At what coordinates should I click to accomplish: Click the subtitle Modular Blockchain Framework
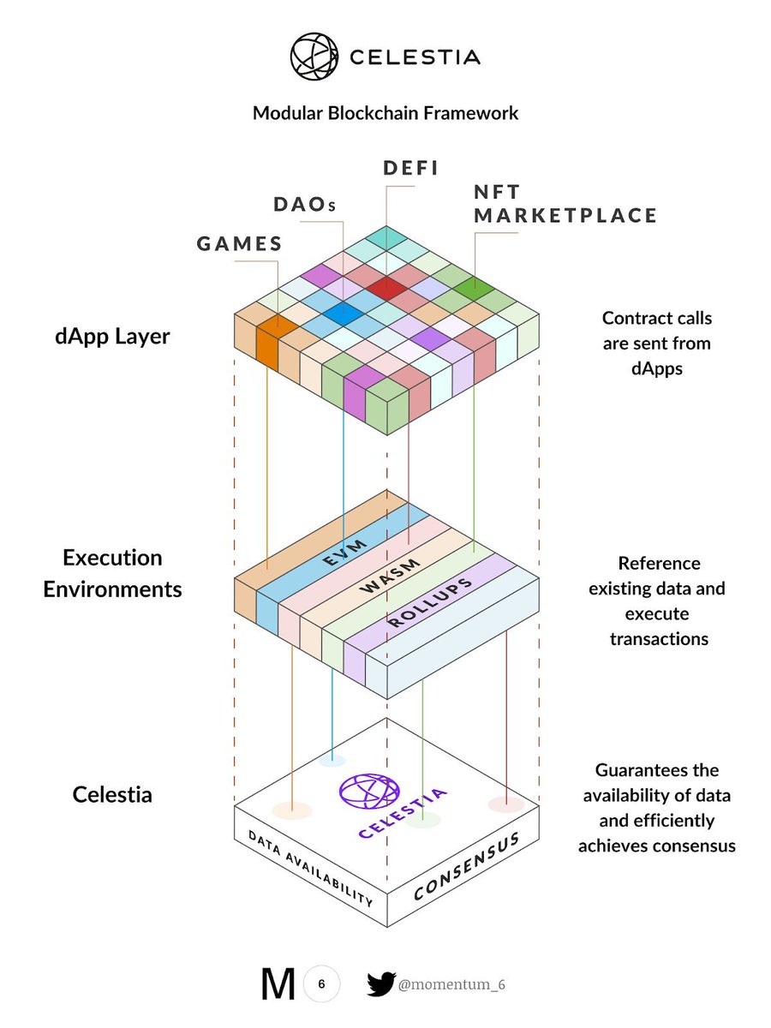385,112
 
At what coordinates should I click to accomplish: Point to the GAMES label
240,243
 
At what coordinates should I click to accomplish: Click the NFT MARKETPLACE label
565,204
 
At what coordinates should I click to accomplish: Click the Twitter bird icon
380,984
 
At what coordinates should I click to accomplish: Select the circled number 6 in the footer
321,984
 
